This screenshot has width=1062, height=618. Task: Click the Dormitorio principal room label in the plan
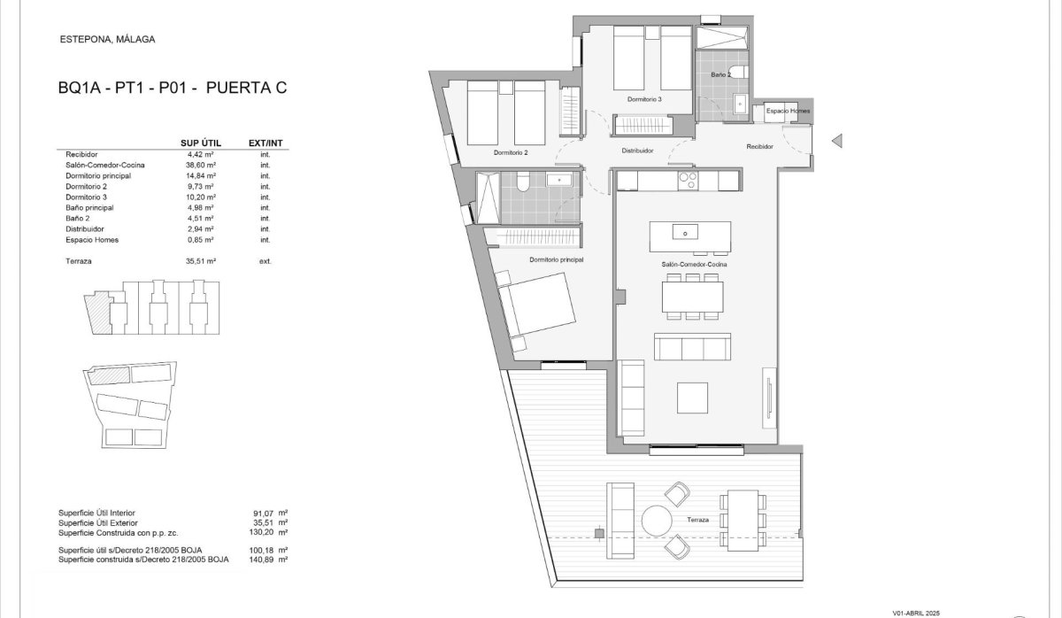[x=556, y=260]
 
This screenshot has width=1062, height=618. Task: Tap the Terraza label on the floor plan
[x=698, y=520]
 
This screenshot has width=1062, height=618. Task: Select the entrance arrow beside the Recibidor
[x=837, y=141]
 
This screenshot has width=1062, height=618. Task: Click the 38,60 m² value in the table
[x=201, y=165]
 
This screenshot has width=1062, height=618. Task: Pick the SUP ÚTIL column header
[x=201, y=143]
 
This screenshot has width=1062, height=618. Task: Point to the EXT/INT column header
[x=265, y=143]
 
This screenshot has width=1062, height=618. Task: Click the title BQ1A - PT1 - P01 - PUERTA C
[x=173, y=88]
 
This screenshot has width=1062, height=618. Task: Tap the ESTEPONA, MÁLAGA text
[x=108, y=39]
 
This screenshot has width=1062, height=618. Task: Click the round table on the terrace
[x=657, y=521]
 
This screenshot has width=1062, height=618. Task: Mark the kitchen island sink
[x=685, y=232]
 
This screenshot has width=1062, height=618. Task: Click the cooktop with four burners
[x=688, y=181]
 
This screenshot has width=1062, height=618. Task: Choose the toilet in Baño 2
[x=739, y=72]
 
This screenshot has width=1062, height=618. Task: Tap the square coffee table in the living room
[x=692, y=398]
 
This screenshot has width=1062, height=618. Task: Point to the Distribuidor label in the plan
[x=638, y=151]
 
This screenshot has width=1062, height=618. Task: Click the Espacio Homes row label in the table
[x=92, y=240]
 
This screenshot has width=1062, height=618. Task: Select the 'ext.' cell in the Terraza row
[x=265, y=261]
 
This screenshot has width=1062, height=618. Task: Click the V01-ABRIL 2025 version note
[x=916, y=614]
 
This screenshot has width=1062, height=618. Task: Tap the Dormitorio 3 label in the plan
[x=644, y=99]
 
